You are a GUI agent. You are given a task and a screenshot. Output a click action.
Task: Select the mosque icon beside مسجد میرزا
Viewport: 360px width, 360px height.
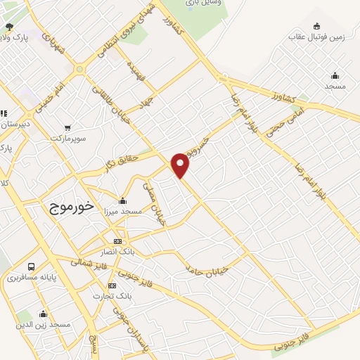(122, 200)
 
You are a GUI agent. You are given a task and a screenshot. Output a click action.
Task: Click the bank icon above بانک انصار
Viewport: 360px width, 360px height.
(117, 241)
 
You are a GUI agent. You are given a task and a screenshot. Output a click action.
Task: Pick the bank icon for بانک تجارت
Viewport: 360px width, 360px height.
(112, 285)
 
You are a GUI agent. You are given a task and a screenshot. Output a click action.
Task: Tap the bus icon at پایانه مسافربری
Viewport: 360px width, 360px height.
(32, 267)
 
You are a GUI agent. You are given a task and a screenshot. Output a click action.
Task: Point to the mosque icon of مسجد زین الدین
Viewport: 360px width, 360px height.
(44, 314)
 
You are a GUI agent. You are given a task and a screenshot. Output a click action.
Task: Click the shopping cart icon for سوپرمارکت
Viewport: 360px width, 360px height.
(67, 128)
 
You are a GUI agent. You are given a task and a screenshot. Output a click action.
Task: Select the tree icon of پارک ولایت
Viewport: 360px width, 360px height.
(8, 27)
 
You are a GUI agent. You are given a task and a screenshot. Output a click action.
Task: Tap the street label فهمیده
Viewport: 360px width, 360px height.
(136, 70)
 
